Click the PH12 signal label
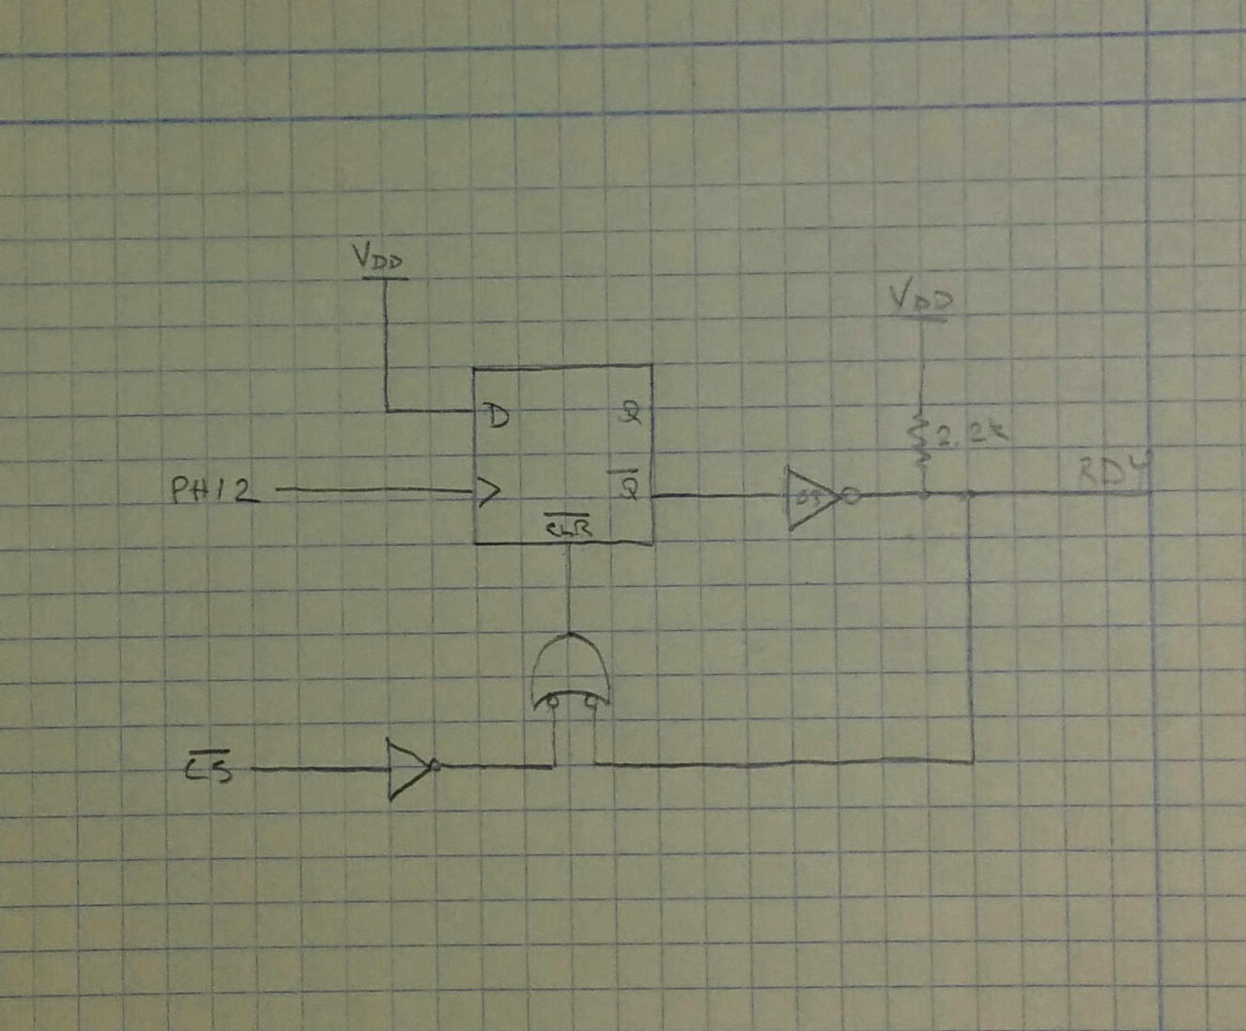[215, 490]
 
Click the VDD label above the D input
[380, 259]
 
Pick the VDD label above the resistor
[921, 300]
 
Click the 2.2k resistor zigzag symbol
[921, 442]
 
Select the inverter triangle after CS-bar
[408, 768]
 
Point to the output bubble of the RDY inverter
[850, 496]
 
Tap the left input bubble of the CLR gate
[555, 701]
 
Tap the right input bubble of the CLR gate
[592, 701]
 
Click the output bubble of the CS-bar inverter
[435, 766]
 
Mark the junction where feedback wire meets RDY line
[972, 494]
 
